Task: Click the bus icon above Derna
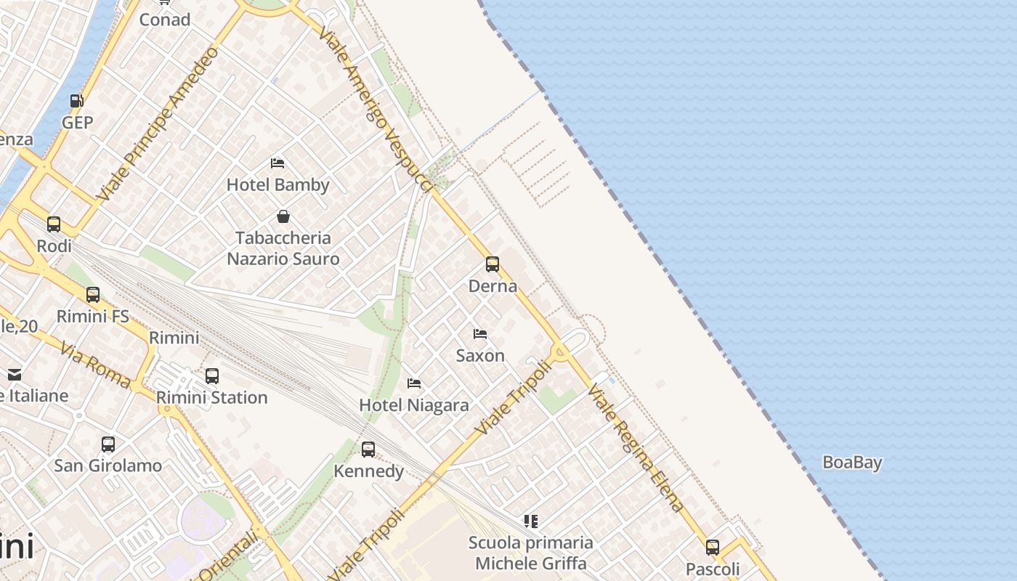click(493, 264)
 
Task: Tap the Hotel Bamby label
click(278, 184)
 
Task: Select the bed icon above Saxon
click(480, 334)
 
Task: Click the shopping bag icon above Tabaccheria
click(283, 216)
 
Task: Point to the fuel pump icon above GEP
click(76, 101)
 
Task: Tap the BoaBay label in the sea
click(852, 463)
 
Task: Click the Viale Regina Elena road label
click(636, 448)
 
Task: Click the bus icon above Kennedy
click(368, 450)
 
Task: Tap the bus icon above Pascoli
click(713, 548)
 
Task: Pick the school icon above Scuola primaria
click(531, 521)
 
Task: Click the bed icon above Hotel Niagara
click(414, 383)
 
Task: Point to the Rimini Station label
click(212, 397)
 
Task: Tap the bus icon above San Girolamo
click(108, 444)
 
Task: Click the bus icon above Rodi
click(54, 224)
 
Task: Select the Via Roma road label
click(95, 365)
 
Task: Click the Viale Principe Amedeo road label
click(157, 123)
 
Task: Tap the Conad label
click(165, 20)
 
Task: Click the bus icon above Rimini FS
click(93, 295)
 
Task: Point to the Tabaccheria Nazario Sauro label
click(283, 248)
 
